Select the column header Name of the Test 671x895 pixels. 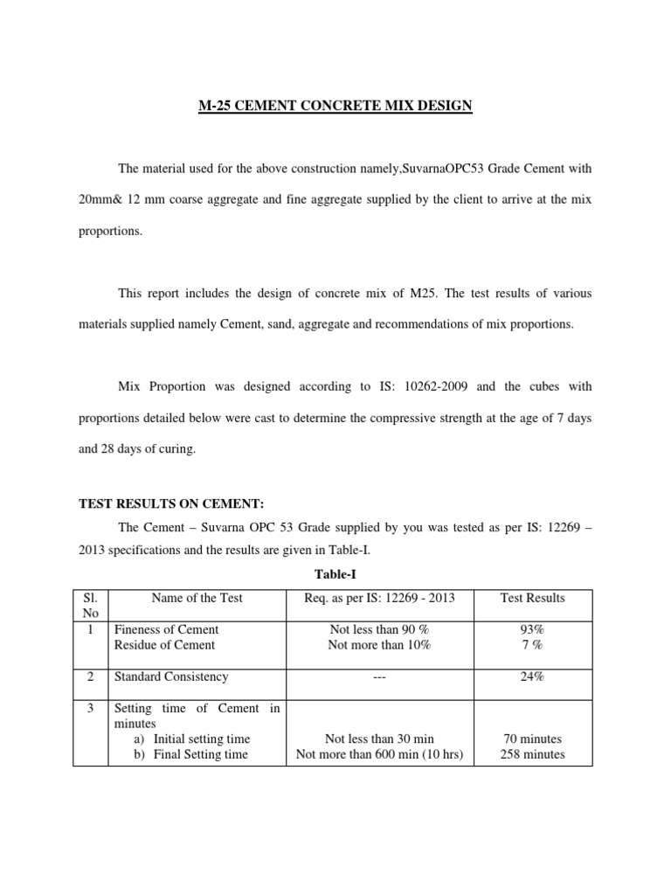point(197,598)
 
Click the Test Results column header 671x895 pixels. point(532,598)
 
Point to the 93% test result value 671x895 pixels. point(532,629)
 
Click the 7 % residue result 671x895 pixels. point(532,645)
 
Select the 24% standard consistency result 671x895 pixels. point(532,676)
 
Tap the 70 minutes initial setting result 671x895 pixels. point(532,739)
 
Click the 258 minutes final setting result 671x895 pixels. point(532,754)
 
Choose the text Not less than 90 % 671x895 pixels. point(379,629)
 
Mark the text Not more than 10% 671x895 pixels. point(379,645)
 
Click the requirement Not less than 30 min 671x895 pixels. point(379,739)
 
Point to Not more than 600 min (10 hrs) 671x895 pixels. point(379,754)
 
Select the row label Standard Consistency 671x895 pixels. point(171,676)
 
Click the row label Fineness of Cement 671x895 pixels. point(166,629)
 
